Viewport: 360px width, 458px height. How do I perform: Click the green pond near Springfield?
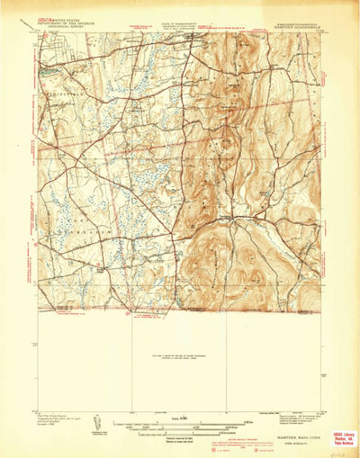coord(41,69)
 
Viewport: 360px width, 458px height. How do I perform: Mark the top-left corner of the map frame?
coord(38,34)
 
